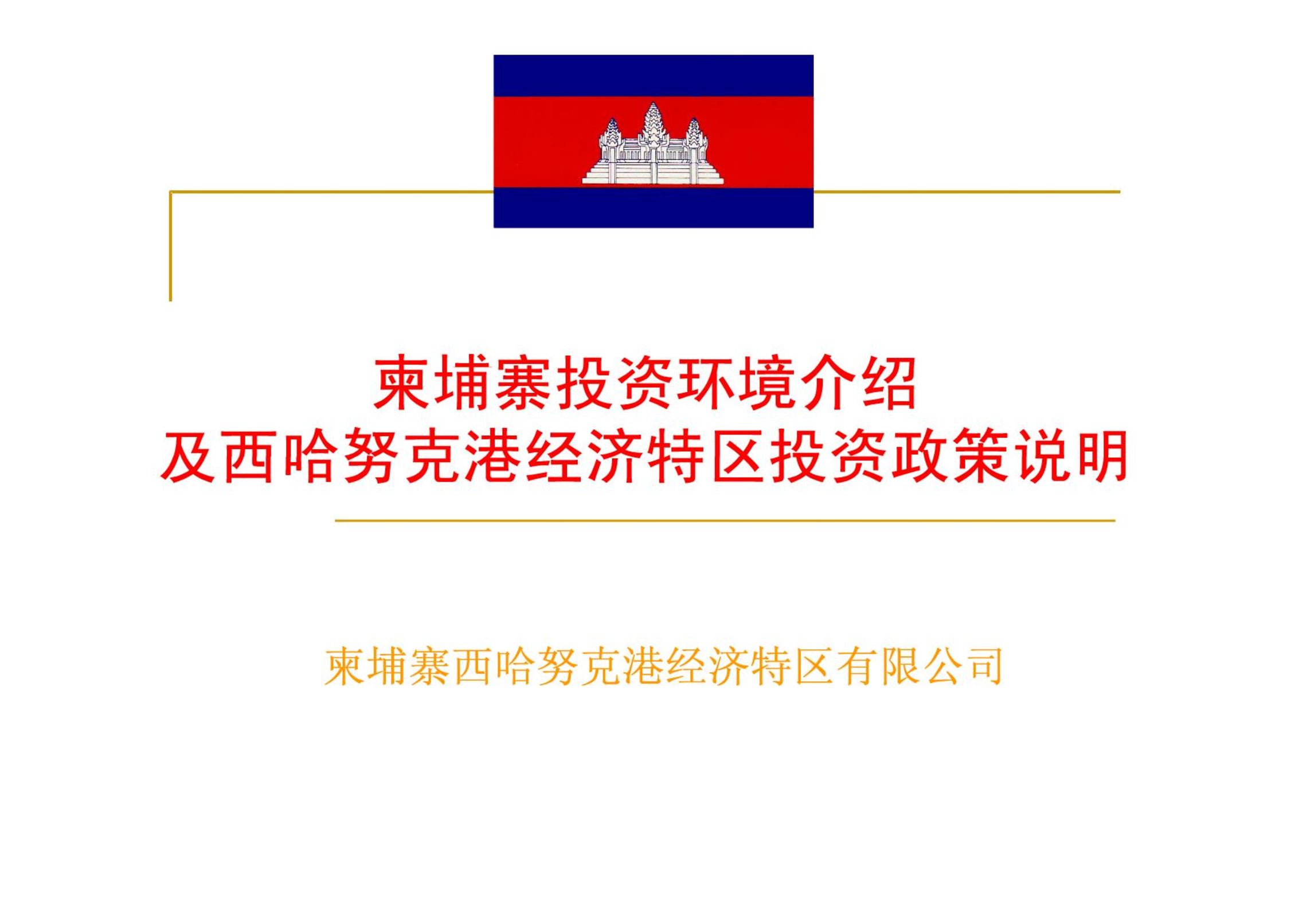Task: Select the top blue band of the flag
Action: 654,76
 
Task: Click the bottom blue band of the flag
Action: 654,208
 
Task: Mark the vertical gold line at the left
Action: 170,246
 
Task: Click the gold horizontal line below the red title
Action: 725,521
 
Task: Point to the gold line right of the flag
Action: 967,192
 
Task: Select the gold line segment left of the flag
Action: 331,192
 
